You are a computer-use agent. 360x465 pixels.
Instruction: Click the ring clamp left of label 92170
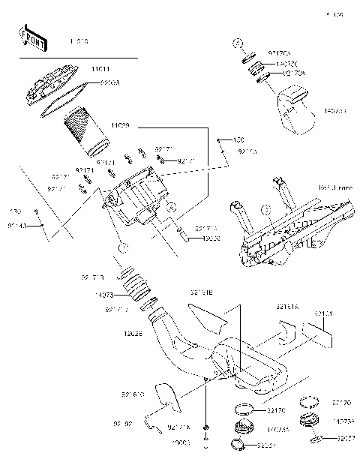coord(243,410)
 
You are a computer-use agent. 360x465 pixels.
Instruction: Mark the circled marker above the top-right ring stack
coord(235,42)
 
